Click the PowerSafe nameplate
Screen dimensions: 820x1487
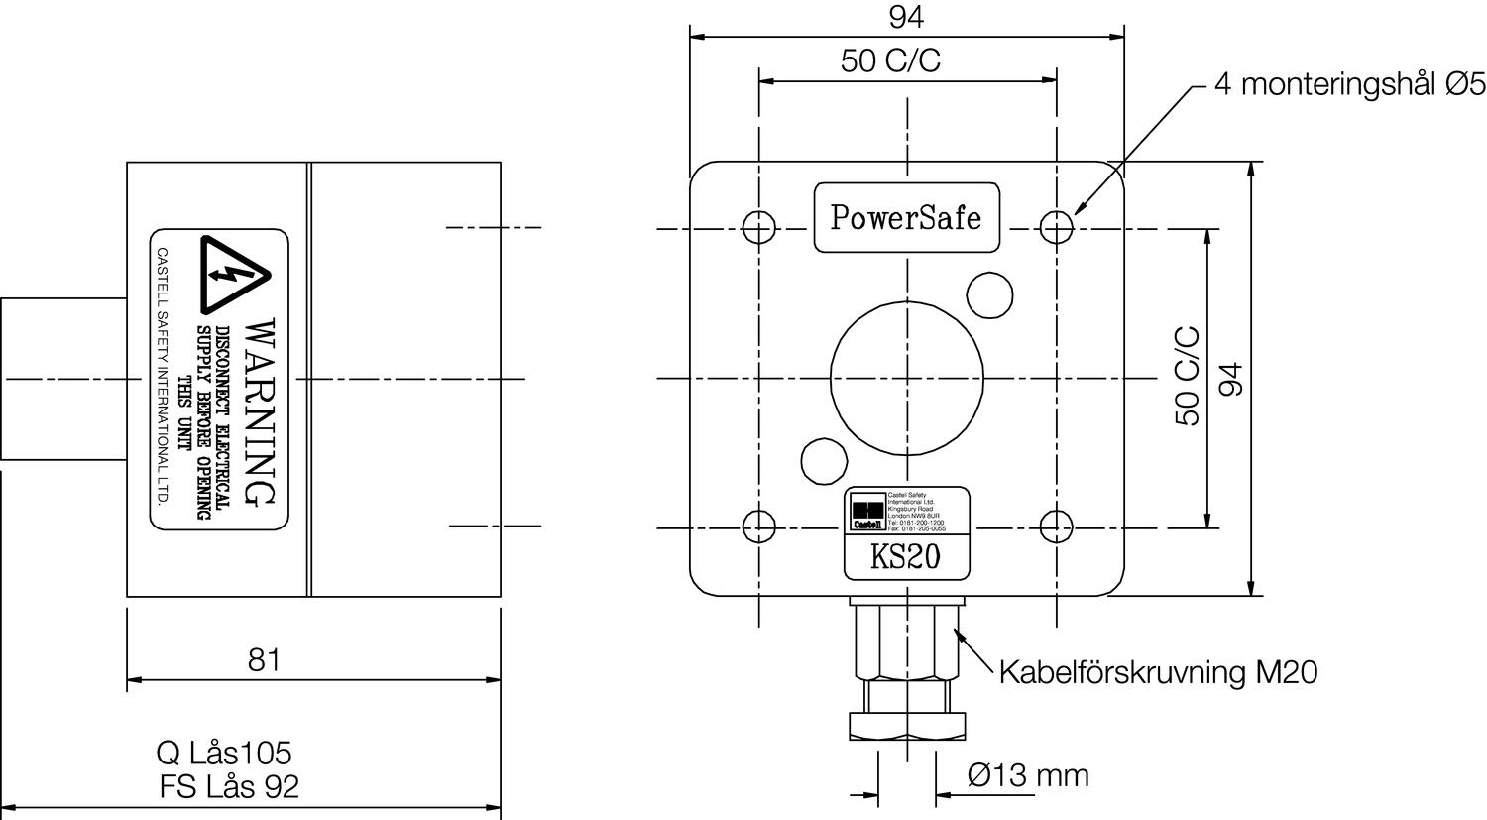(x=906, y=217)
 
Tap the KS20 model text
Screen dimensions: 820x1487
(x=905, y=558)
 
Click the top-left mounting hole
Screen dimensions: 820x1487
(x=758, y=228)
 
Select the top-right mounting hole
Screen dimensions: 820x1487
(x=1057, y=228)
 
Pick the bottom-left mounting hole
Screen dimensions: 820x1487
(x=758, y=526)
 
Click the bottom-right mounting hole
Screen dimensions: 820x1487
(x=1057, y=526)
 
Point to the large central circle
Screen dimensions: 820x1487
(x=907, y=377)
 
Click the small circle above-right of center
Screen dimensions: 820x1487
(x=989, y=294)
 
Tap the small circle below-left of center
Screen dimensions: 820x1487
(x=824, y=460)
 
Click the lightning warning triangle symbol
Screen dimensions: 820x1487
(x=234, y=274)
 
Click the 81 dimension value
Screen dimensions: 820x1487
(x=265, y=660)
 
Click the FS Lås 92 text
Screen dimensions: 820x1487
(x=229, y=786)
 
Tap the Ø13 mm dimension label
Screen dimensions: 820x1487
(x=1028, y=774)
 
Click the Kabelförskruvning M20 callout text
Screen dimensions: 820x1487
(x=1158, y=672)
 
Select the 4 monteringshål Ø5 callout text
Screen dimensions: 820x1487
(x=1349, y=85)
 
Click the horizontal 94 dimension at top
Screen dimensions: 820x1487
(x=907, y=17)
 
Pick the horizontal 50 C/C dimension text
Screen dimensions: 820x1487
(x=890, y=61)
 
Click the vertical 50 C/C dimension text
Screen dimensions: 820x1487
(x=1187, y=377)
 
